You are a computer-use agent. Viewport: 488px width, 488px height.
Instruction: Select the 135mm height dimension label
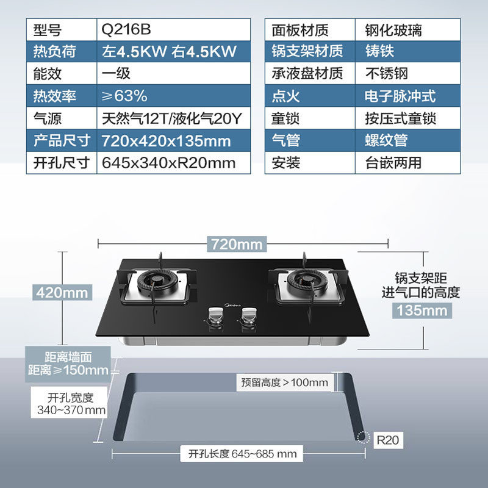coord(421,310)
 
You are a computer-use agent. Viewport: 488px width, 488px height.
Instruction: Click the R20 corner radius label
coord(387,439)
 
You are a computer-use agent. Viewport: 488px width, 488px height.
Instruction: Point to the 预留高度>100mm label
coord(284,383)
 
